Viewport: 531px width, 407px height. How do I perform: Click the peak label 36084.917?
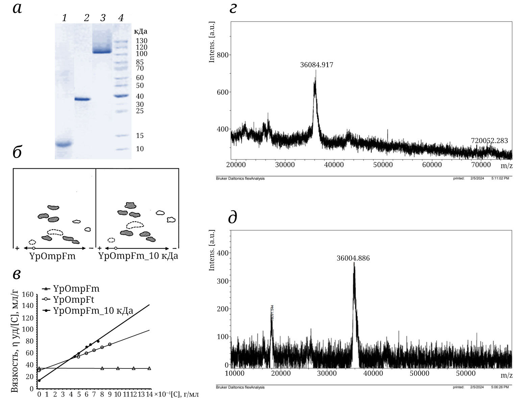[316, 65]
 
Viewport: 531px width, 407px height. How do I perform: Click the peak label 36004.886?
[353, 258]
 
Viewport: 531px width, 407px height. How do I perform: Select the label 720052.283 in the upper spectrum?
[489, 141]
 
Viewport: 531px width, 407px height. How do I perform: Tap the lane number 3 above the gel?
[103, 18]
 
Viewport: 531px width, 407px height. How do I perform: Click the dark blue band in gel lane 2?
[82, 99]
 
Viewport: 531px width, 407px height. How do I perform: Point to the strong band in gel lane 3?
[102, 52]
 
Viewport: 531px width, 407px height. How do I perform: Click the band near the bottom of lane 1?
[64, 144]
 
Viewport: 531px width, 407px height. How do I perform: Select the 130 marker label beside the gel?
[142, 41]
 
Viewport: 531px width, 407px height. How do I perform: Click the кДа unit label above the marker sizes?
[141, 32]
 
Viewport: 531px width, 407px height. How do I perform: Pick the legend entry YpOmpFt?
[74, 300]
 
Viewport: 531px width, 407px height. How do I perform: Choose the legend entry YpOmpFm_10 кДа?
[93, 310]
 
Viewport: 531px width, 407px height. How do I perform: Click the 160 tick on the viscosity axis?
[27, 294]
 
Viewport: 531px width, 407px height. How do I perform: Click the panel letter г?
[233, 9]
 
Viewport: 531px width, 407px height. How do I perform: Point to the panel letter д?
[233, 218]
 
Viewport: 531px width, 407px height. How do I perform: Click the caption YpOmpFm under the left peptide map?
[53, 256]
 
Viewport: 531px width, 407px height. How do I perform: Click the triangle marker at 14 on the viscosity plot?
[149, 368]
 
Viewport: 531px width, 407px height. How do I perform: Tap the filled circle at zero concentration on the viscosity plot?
[39, 381]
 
